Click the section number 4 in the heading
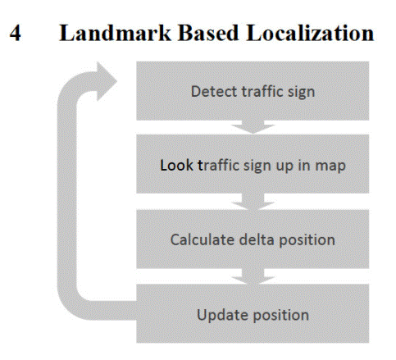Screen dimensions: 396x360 tap(16, 33)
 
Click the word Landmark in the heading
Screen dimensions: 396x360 tap(115, 33)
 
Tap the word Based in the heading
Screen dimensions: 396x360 tap(208, 33)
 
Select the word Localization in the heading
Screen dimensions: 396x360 tap(310, 33)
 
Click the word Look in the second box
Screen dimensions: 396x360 tap(176, 165)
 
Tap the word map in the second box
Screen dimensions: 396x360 tap(330, 166)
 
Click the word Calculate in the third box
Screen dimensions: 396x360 tap(203, 239)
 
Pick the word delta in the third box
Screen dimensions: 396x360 tap(257, 239)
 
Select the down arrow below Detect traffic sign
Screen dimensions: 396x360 tap(253, 127)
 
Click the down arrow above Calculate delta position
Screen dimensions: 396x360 tap(253, 202)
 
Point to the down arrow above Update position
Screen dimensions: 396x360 tap(253, 276)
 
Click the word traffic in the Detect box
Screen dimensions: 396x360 tap(262, 91)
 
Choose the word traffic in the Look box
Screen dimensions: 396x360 tap(218, 165)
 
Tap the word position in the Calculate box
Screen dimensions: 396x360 tap(307, 240)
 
